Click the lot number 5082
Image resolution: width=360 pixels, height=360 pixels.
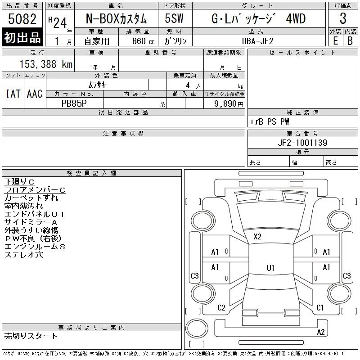22,18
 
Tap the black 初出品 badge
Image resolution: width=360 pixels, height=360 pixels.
22,37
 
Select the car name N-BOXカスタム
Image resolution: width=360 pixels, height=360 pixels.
116,18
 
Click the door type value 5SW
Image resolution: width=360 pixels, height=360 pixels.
174,18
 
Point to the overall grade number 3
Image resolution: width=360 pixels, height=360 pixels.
343,18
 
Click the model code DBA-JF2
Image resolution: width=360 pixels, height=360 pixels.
257,41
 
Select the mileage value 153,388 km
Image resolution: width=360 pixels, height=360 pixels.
46,64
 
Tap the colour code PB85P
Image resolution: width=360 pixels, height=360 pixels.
74,103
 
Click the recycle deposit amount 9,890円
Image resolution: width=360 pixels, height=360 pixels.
229,104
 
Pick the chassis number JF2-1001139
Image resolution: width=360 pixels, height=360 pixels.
302,143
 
